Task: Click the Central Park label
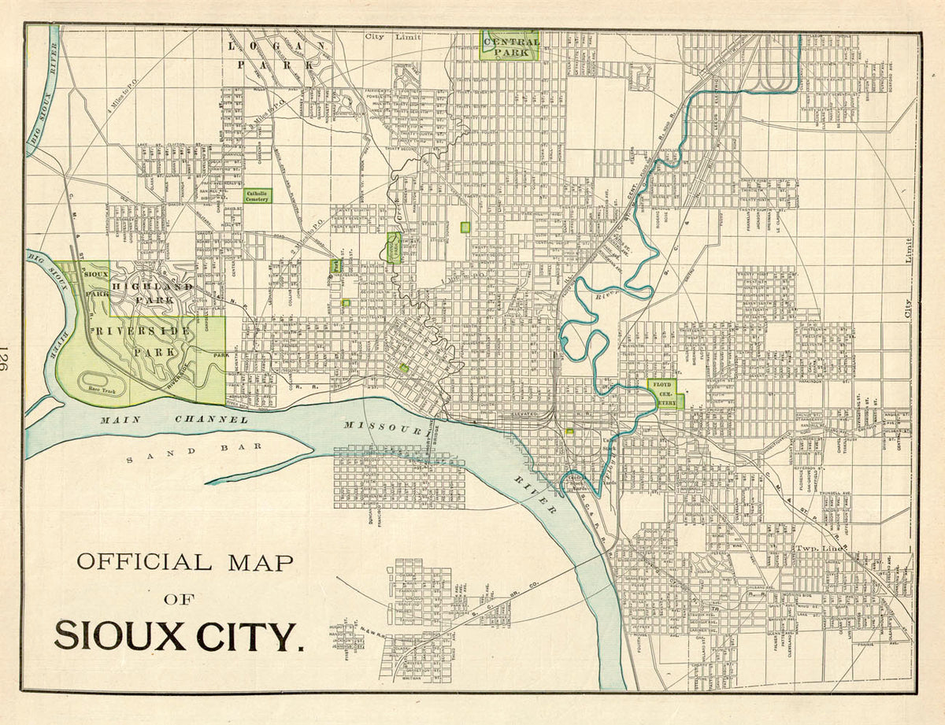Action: point(510,46)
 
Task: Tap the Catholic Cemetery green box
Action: point(257,196)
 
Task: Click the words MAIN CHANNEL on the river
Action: point(173,420)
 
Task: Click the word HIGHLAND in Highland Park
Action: point(151,287)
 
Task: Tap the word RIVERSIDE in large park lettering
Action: point(141,331)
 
